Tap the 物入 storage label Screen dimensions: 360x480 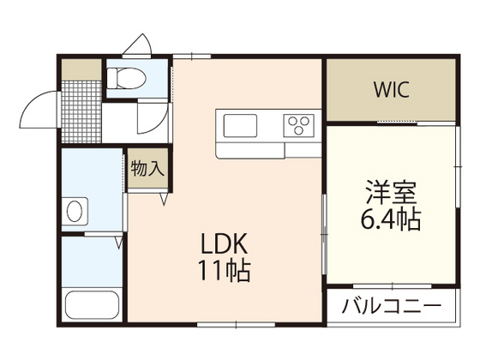[x=147, y=168]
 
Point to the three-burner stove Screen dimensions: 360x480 [x=299, y=127]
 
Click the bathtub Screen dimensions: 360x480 [x=91, y=305]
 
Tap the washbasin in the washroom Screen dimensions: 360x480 [x=75, y=211]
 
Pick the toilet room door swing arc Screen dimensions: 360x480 [x=154, y=120]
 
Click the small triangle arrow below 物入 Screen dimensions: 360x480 [x=163, y=200]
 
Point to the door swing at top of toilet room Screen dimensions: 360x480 [x=137, y=45]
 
